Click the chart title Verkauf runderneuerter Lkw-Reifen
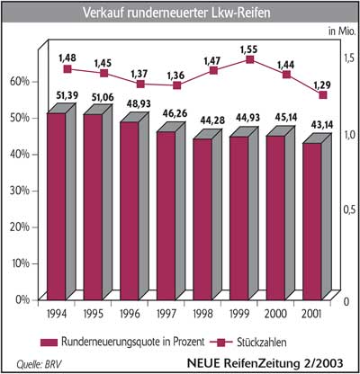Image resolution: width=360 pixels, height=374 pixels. [176, 13]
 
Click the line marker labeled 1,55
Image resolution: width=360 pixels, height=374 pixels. [249, 59]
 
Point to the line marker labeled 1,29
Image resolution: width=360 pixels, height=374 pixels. [323, 95]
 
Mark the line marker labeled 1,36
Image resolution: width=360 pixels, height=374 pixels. [177, 85]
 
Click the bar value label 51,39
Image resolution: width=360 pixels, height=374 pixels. [67, 95]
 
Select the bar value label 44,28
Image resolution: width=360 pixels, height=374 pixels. [207, 121]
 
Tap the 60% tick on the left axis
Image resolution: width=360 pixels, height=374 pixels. [20, 82]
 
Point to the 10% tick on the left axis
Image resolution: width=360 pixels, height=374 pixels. [20, 263]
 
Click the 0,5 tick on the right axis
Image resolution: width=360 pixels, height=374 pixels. [349, 209]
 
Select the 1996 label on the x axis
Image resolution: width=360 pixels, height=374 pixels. [130, 314]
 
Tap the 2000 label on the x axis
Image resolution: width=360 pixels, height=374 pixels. [275, 314]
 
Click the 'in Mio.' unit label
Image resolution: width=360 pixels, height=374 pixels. [342, 31]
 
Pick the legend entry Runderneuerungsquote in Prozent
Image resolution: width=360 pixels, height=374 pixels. [122, 342]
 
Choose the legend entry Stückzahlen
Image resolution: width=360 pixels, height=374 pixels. [247, 343]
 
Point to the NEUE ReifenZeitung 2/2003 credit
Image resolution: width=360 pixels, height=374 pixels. [265, 363]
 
